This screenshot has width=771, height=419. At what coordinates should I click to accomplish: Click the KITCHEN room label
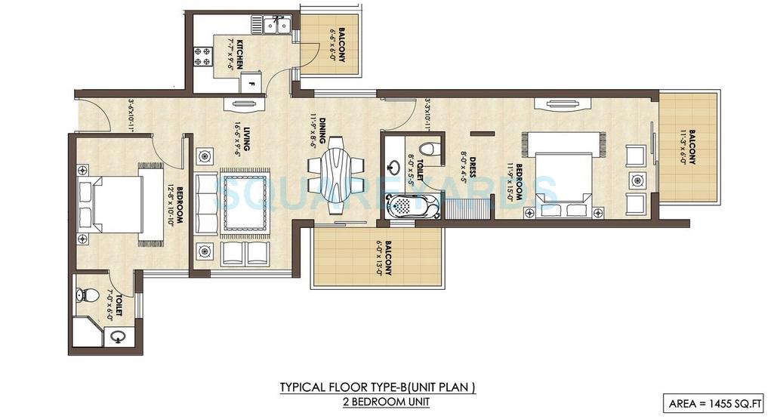pos(240,53)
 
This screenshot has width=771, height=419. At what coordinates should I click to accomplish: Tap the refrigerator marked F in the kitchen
pos(251,81)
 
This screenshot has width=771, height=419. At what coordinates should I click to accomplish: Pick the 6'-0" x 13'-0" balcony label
pos(383,258)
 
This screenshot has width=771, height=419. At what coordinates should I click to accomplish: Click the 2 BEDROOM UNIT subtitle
pos(378,402)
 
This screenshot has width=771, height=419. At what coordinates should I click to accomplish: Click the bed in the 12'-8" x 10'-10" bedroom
pos(121,205)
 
